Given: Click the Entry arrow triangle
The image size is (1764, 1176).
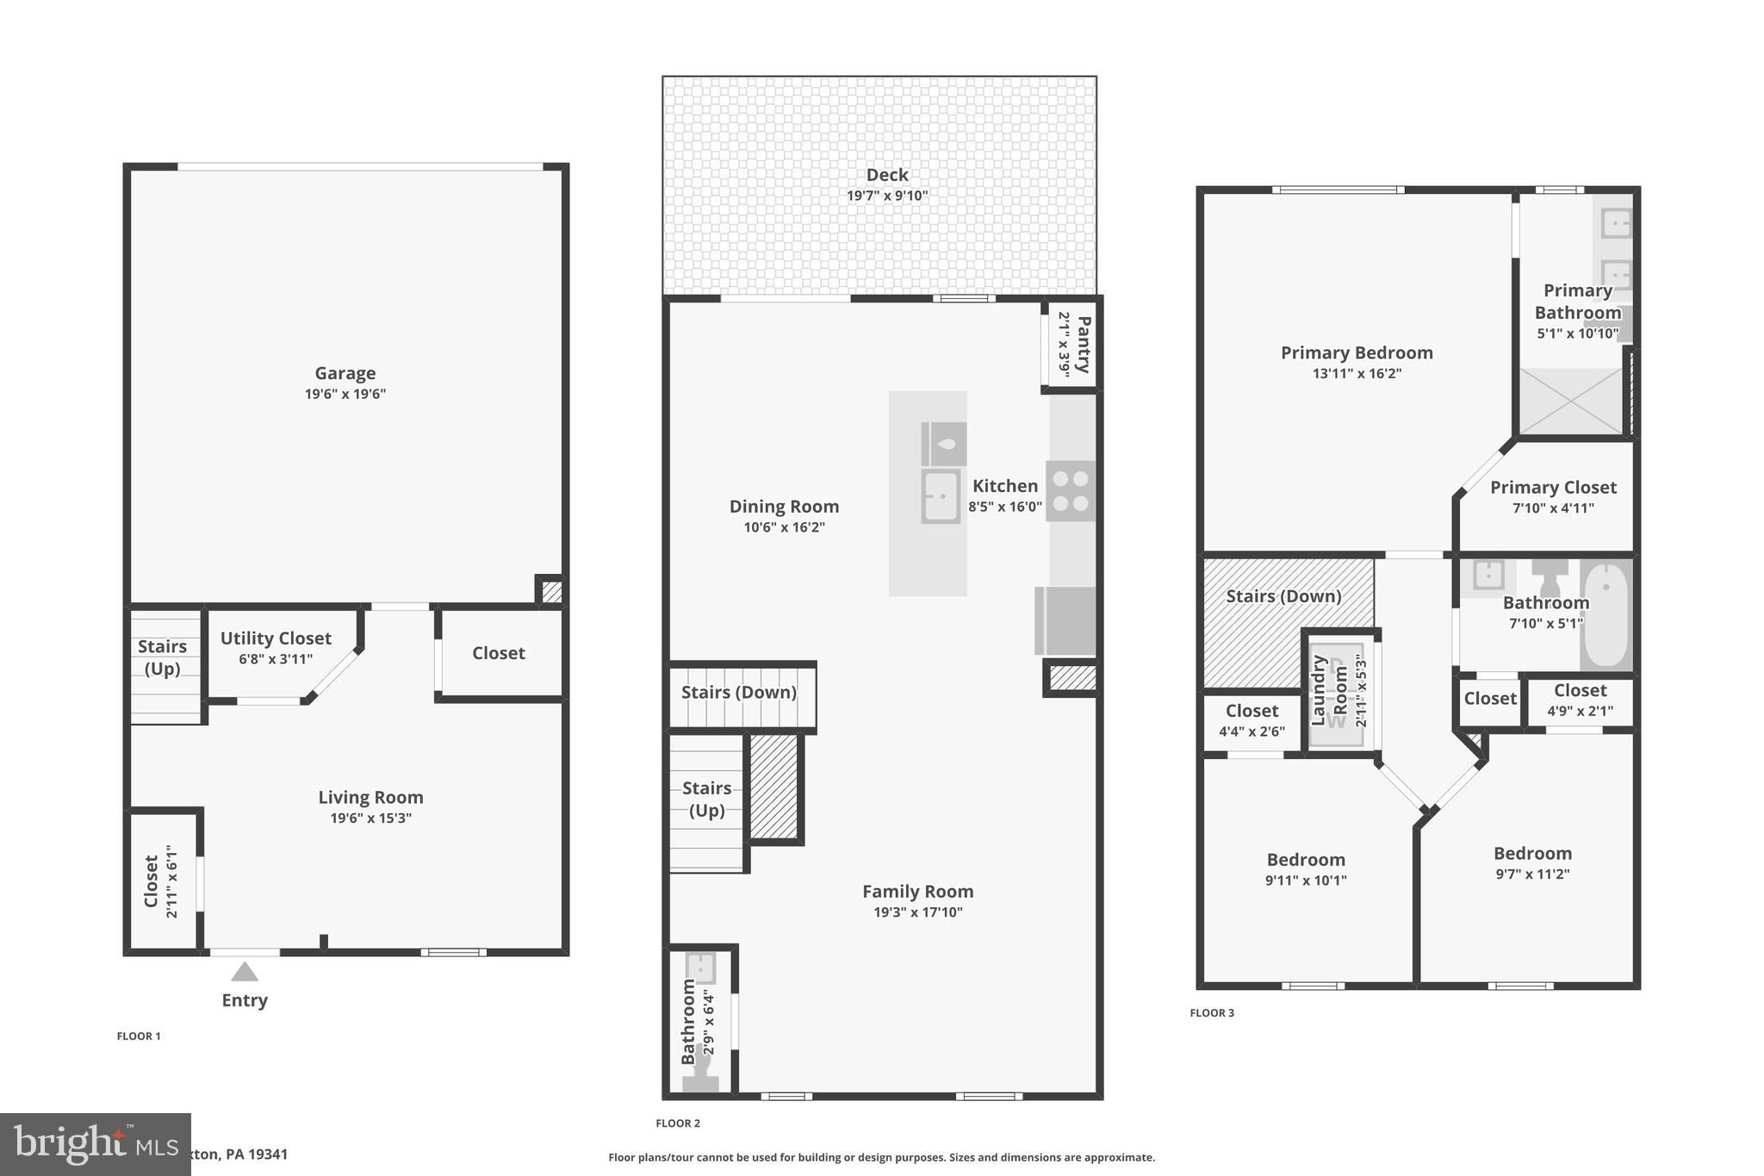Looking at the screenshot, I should point(245,972).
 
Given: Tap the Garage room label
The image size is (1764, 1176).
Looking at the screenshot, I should point(345,373).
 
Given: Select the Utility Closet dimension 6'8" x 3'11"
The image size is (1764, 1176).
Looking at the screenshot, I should point(276,659).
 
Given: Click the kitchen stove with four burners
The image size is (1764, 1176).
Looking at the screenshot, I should point(1071,491).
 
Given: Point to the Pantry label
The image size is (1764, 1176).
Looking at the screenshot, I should point(1084,344).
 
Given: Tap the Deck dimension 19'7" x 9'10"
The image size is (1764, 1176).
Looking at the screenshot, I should point(887,196).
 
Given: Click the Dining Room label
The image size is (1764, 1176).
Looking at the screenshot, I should point(784,507).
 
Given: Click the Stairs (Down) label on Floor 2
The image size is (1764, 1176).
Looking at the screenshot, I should point(738,693).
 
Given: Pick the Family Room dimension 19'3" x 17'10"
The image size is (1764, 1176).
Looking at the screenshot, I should point(917,912).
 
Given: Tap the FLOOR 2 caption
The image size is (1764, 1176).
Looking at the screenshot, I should point(678,1123).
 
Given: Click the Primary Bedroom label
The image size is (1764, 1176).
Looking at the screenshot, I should point(1357,352).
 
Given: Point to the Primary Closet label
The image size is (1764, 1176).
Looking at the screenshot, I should point(1553,488).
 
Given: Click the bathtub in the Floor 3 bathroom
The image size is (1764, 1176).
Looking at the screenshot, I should point(1606,613).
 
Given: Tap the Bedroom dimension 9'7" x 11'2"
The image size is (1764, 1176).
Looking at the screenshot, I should point(1532,874).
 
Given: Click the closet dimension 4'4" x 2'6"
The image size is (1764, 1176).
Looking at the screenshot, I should point(1252,731).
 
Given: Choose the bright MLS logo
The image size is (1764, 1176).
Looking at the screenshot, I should point(95,1144).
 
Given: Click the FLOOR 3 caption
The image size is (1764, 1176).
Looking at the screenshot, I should point(1212,1013).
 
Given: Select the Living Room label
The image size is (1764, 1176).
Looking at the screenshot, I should point(370,798).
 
